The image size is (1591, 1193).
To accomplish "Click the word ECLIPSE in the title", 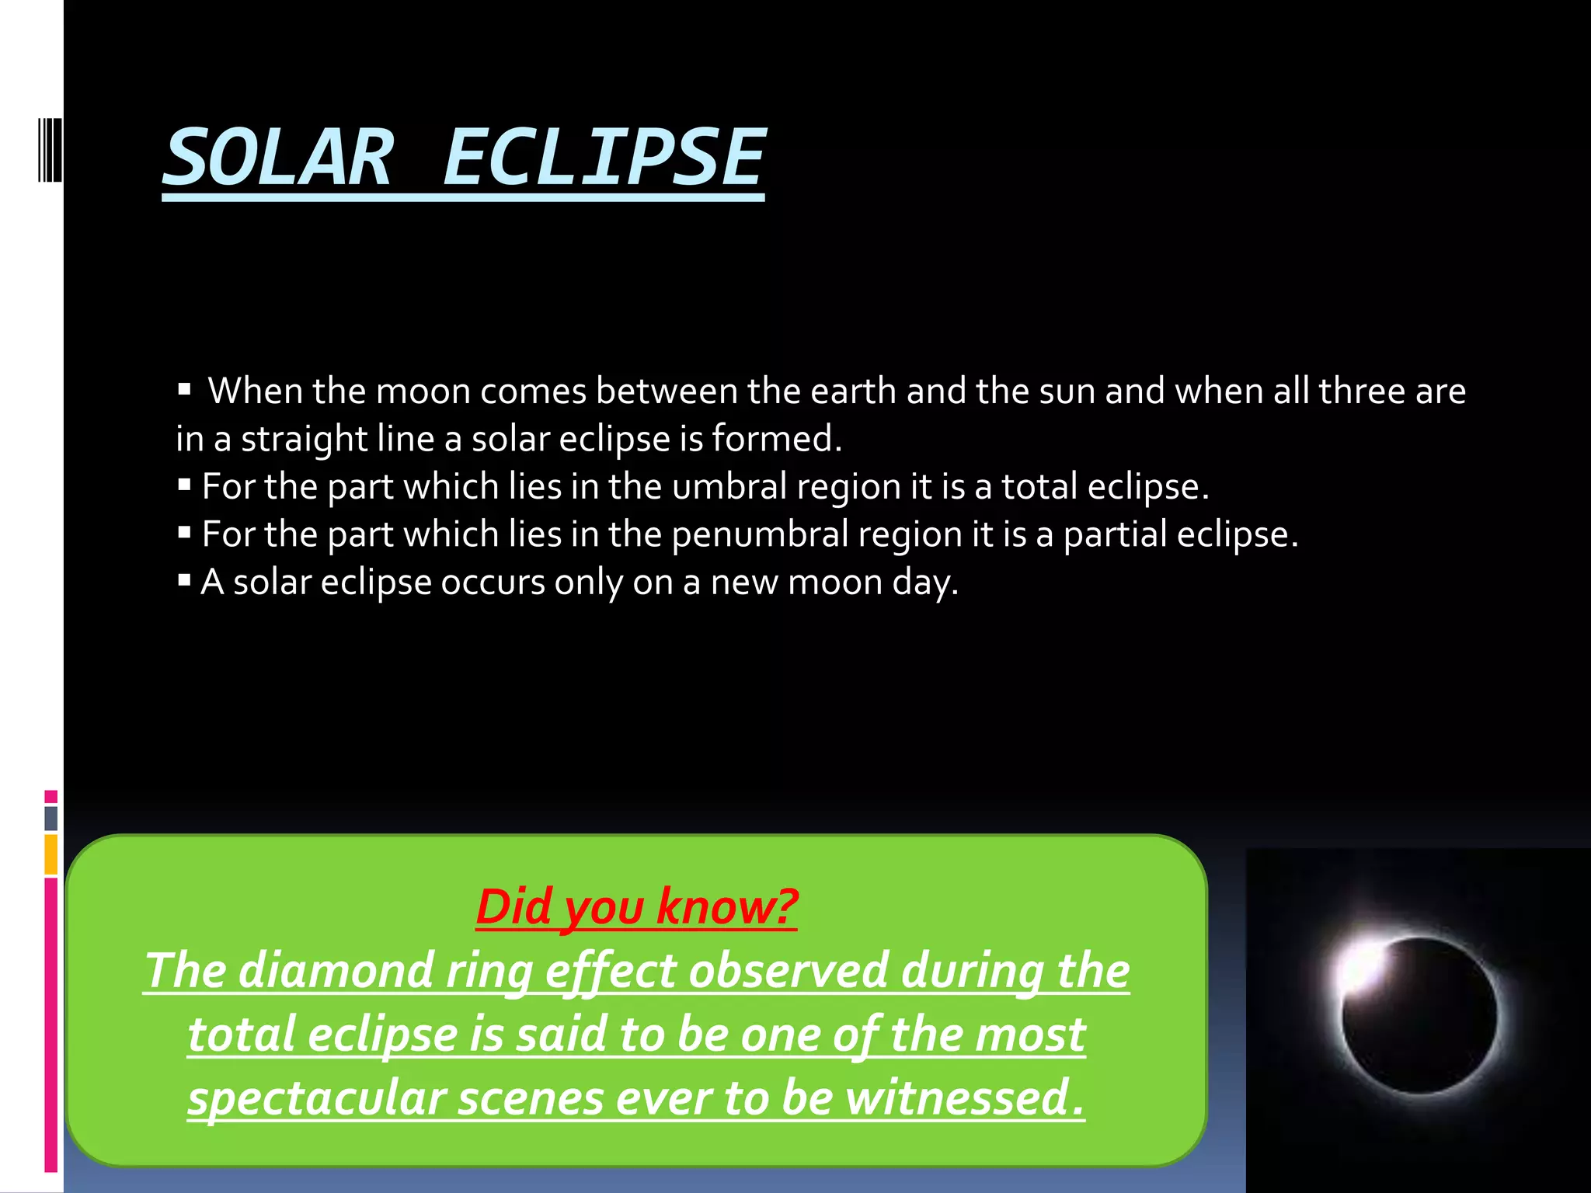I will tap(604, 158).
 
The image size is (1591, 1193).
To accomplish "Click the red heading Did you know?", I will tap(636, 906).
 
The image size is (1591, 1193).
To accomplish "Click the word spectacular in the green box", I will tap(316, 1099).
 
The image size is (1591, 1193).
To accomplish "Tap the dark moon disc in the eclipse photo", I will tap(1420, 1017).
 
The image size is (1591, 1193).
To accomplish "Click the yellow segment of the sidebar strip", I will tap(51, 854).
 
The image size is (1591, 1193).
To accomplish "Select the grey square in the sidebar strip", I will tap(51, 818).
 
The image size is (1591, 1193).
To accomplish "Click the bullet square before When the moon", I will tap(184, 389).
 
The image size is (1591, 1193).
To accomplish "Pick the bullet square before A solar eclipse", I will tap(184, 580).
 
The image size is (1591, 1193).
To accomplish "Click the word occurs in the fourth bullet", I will tap(493, 583).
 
